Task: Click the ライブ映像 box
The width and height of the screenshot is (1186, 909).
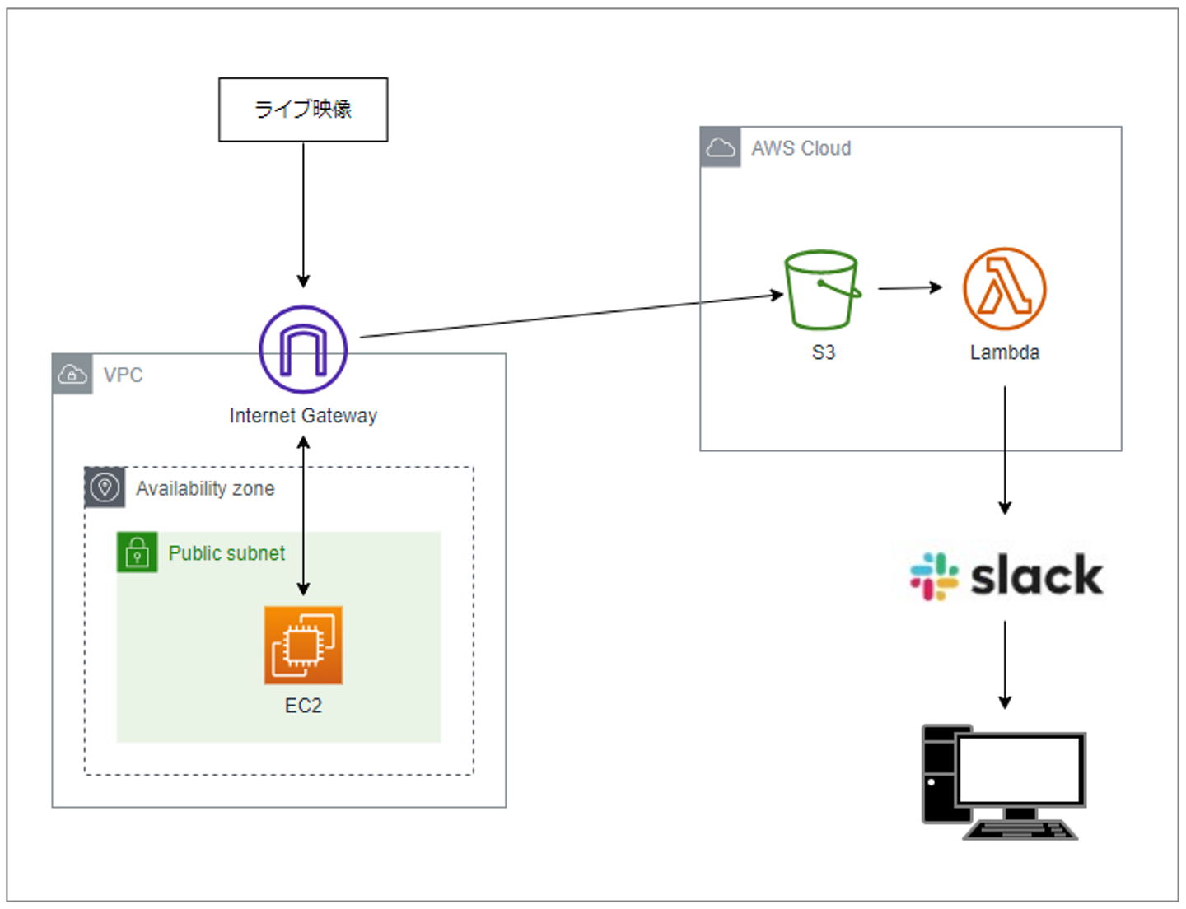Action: [x=303, y=110]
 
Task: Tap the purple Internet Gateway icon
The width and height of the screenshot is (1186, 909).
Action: [x=303, y=349]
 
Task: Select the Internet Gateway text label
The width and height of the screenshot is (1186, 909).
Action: [x=303, y=416]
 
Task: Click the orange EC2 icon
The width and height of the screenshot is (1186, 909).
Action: [x=303, y=646]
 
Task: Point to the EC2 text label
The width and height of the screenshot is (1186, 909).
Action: [x=303, y=706]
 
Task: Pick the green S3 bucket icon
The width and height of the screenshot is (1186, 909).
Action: [x=822, y=290]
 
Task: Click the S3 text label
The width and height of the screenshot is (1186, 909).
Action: [x=824, y=352]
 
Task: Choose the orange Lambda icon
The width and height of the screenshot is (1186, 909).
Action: [x=1004, y=289]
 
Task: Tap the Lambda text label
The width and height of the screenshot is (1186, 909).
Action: [x=1004, y=352]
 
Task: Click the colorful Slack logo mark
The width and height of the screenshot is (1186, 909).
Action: [x=934, y=576]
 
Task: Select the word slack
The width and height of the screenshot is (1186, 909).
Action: [x=1036, y=575]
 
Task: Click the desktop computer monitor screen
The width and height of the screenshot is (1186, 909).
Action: [x=1020, y=769]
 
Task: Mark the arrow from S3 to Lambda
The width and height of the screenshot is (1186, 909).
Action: [x=910, y=287]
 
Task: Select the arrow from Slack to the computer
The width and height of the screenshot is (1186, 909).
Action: [x=1005, y=664]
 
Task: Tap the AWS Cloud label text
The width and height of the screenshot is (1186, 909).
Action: [x=801, y=148]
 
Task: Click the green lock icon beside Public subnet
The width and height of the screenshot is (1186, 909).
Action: [x=137, y=552]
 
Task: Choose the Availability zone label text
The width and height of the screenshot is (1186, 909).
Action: [x=205, y=488]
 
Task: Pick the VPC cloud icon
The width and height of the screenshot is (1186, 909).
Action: [x=72, y=375]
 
